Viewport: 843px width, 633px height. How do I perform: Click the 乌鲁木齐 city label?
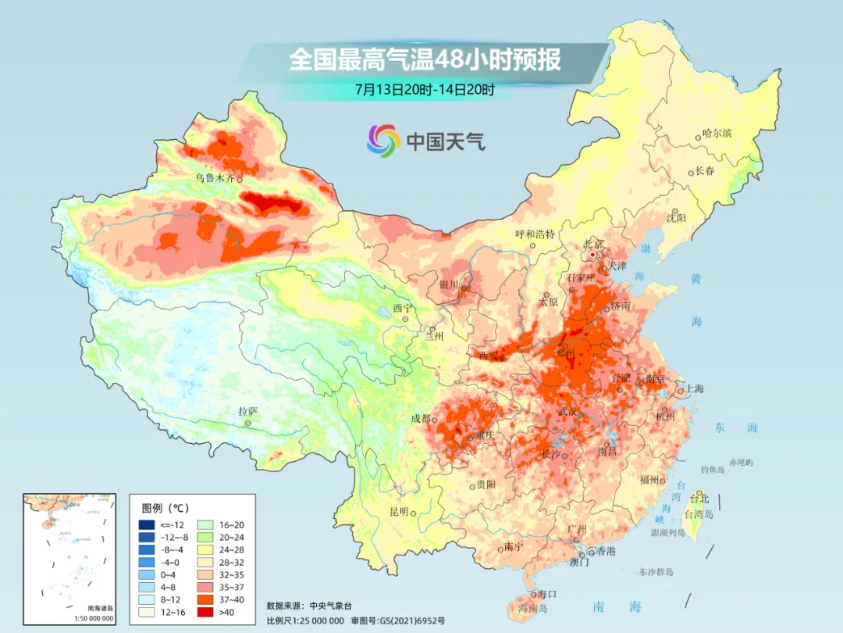point(214,178)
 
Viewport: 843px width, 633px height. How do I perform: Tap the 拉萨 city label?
point(247,411)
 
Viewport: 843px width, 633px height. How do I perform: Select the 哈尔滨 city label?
point(717,134)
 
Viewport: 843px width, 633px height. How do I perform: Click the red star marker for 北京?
point(593,255)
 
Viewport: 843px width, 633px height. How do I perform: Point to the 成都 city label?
point(420,419)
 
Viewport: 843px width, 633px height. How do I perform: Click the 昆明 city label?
point(399,512)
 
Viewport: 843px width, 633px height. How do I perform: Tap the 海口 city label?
point(546,593)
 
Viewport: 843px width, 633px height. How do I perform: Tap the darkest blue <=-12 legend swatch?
point(147,524)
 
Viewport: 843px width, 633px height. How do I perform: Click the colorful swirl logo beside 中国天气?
point(383,140)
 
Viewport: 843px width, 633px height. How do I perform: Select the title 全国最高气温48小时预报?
point(425,59)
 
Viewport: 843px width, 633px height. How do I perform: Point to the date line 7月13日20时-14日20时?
point(425,89)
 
